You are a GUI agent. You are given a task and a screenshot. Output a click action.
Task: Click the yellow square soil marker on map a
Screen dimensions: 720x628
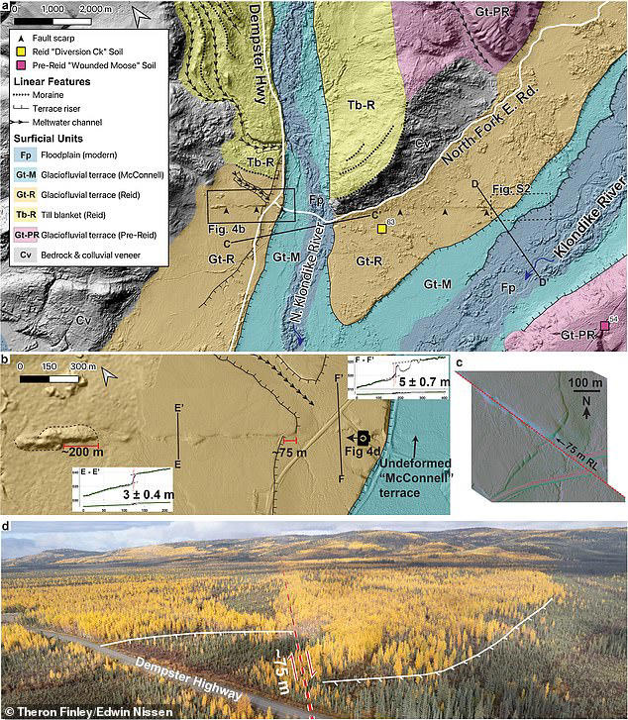(x=381, y=230)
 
